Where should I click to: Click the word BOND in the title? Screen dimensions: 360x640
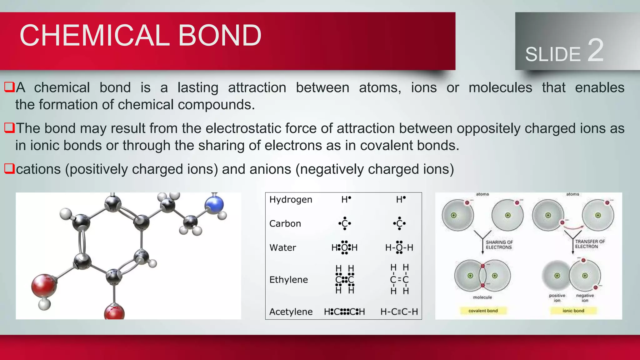[219, 35]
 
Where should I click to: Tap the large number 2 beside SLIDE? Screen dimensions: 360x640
[595, 50]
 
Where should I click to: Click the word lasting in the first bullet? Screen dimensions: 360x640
[198, 88]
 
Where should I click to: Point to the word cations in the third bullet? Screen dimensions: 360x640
[38, 169]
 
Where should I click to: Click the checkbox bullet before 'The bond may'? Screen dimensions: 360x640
[9, 128]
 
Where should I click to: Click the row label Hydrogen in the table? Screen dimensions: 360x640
[291, 200]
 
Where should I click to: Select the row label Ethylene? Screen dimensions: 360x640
[288, 280]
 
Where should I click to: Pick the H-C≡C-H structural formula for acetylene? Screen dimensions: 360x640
[399, 312]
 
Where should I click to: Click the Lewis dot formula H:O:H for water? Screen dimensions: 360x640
[344, 247]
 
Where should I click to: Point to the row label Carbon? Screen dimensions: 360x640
[285, 224]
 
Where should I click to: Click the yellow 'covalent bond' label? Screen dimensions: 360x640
[483, 311]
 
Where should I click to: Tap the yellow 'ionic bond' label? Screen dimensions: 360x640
[573, 311]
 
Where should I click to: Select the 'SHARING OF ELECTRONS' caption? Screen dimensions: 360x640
[499, 245]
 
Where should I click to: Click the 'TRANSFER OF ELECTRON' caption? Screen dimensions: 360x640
[590, 244]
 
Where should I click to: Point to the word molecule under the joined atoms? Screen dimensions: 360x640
[482, 297]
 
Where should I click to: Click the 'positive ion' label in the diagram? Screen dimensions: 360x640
[557, 298]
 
